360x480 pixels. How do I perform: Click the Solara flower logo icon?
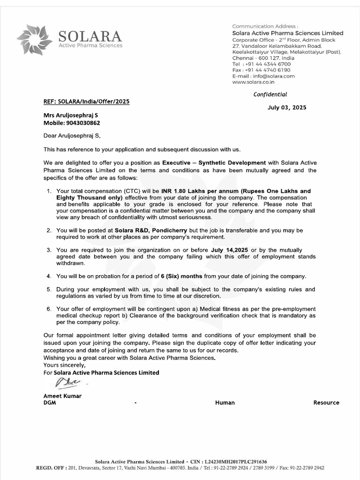click(x=35, y=39)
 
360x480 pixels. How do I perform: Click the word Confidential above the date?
click(x=270, y=94)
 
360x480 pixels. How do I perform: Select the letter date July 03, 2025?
click(x=287, y=107)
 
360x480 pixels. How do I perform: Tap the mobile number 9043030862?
click(x=80, y=123)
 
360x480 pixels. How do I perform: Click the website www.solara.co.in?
click(x=254, y=82)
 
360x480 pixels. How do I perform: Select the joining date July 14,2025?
click(x=230, y=250)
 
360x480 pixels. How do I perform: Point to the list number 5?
click(x=48, y=290)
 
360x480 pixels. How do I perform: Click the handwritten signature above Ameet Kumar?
click(x=66, y=384)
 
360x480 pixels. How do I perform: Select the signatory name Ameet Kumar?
click(x=62, y=396)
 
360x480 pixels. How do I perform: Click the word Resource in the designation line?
click(x=326, y=403)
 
